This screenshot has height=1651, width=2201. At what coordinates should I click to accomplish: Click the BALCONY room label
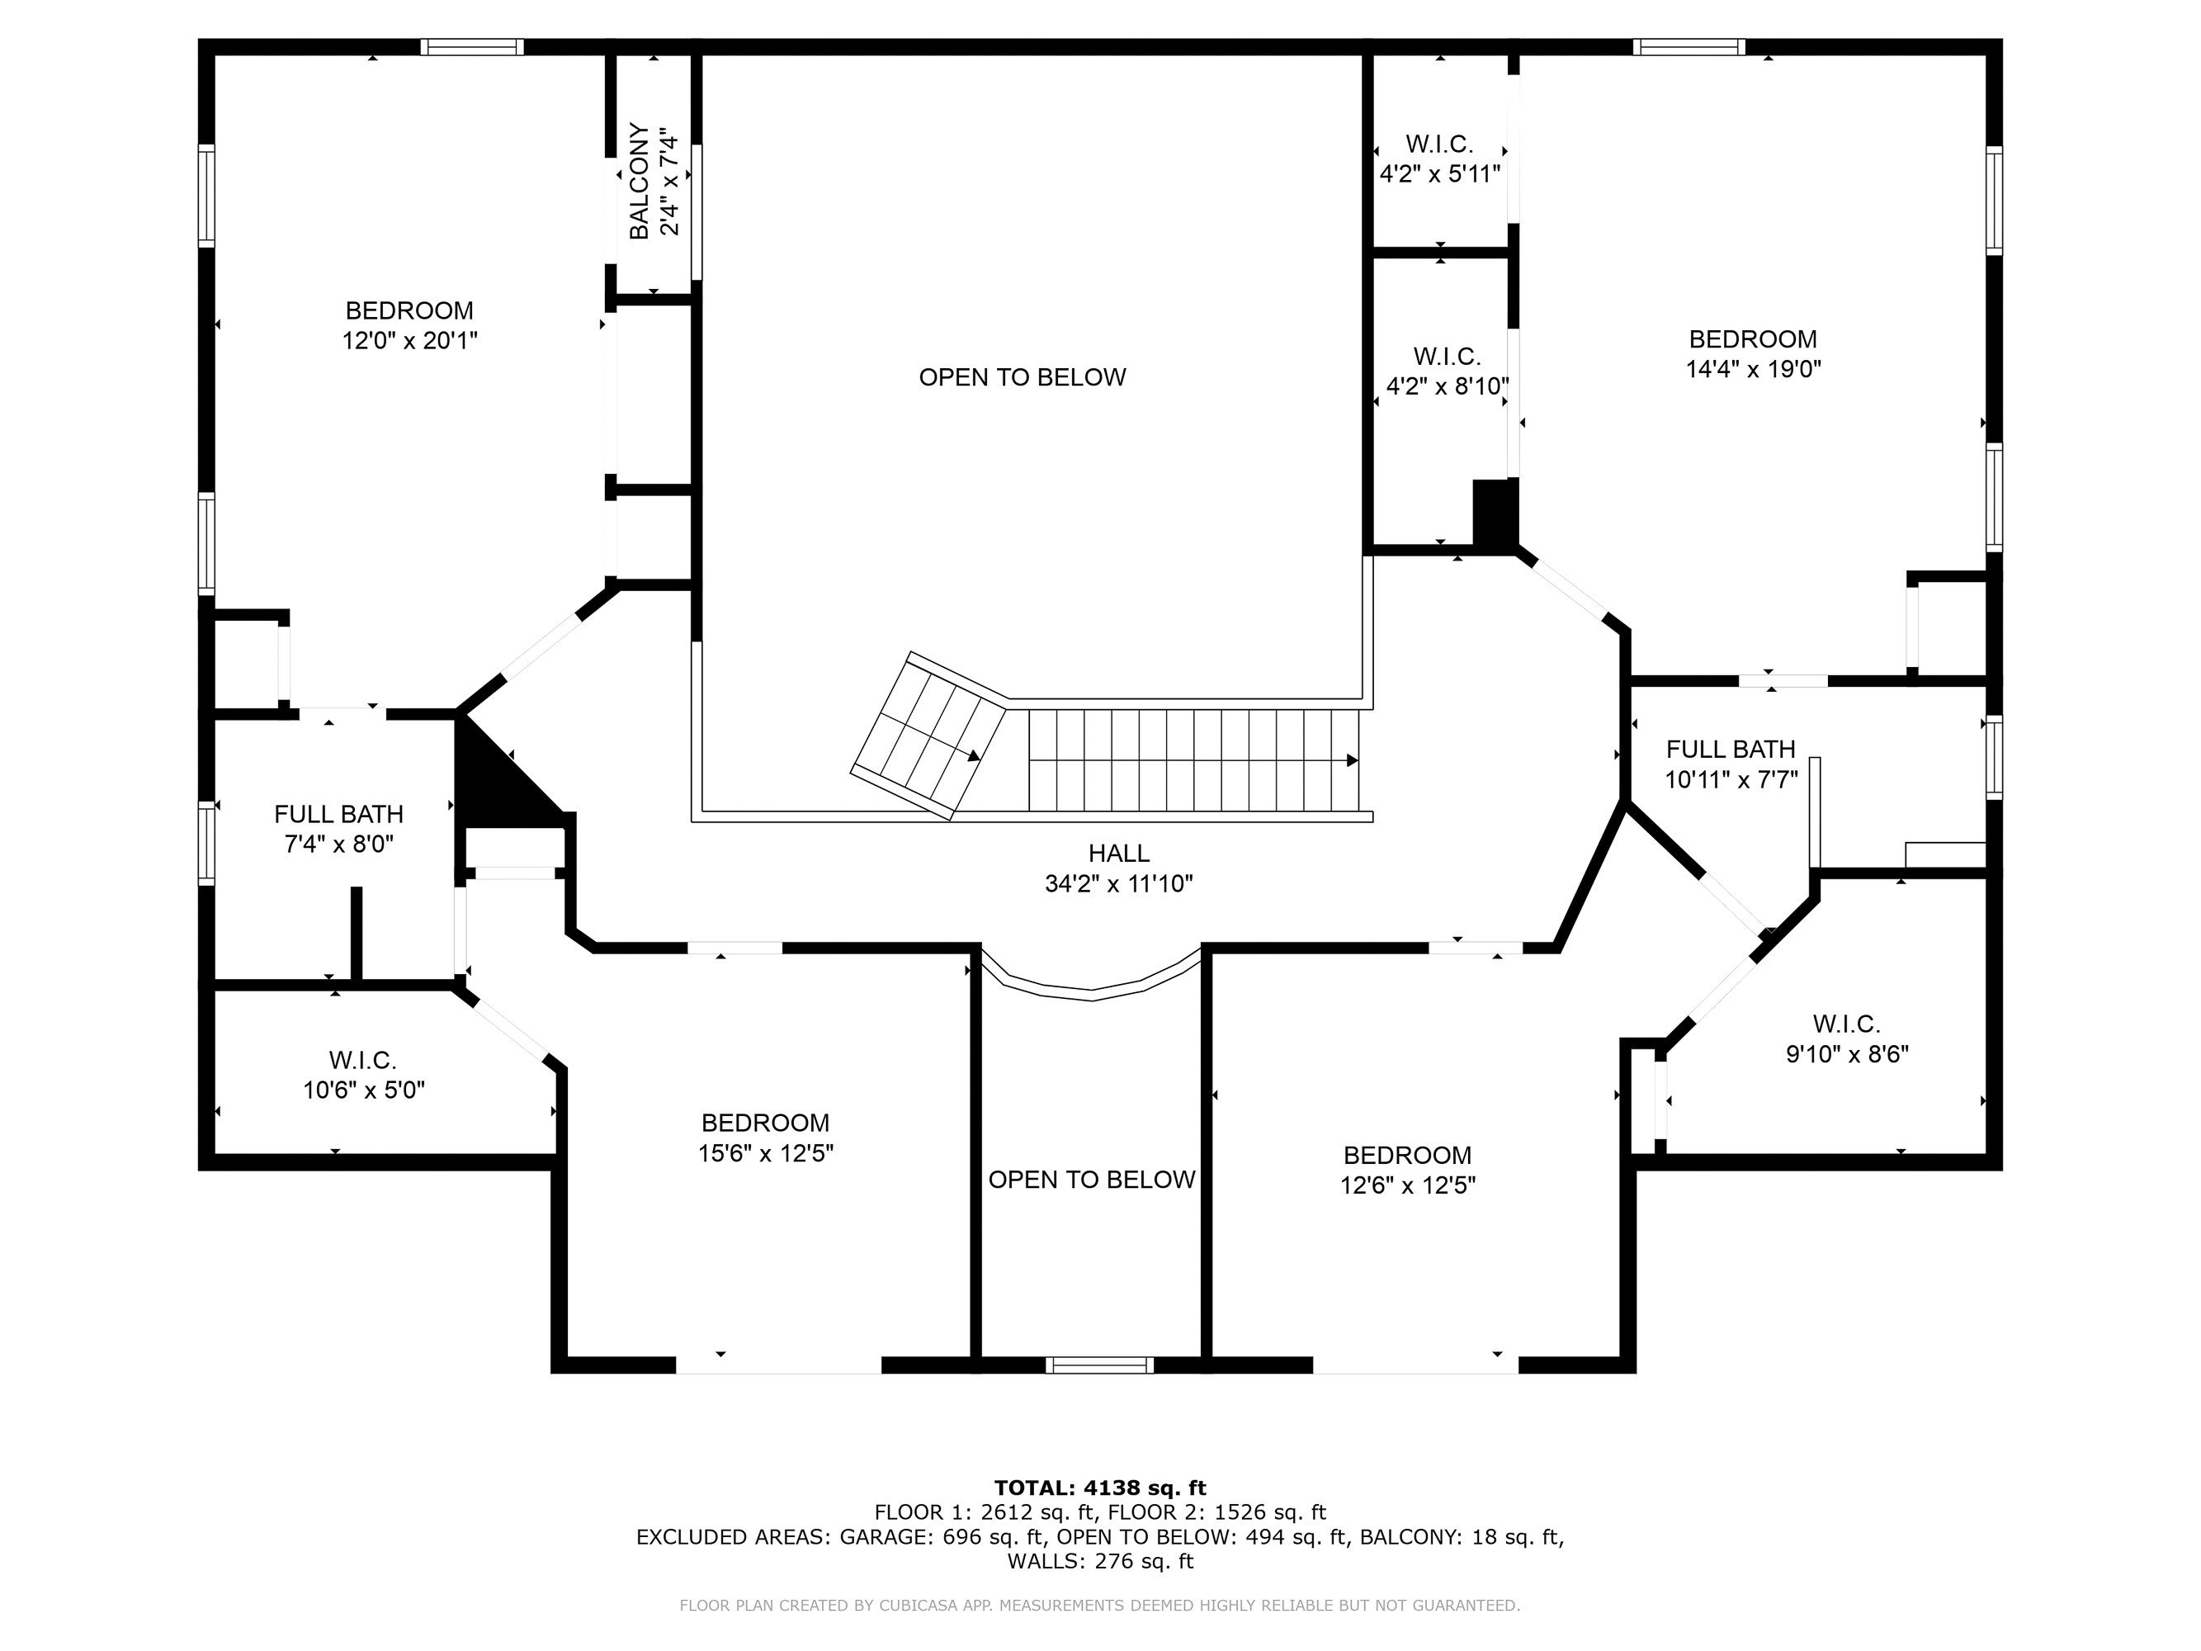point(639,181)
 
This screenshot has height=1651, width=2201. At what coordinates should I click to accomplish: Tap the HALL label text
point(1118,853)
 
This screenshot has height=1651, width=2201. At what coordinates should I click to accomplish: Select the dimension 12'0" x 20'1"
point(409,340)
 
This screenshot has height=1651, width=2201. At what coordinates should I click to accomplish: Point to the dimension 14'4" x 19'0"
point(1752,369)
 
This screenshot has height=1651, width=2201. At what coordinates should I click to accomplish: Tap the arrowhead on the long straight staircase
point(1353,760)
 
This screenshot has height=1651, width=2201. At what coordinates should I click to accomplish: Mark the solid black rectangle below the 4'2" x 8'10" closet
point(1493,513)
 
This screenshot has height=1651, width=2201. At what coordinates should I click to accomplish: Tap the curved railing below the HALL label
point(1092,993)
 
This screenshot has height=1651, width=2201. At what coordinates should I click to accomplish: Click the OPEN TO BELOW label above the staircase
point(1022,377)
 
